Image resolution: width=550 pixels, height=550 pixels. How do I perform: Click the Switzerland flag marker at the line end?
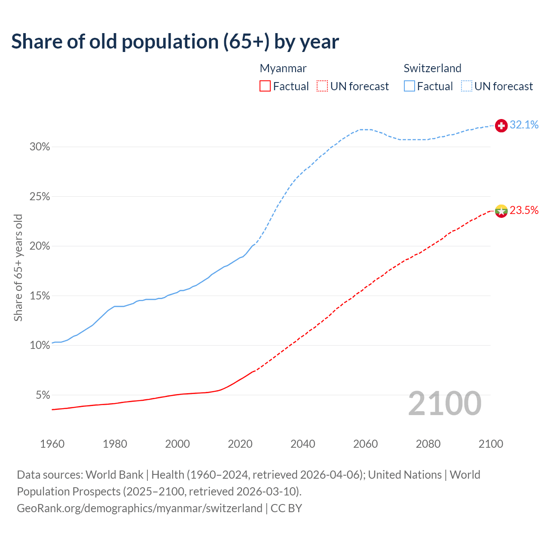click(x=501, y=125)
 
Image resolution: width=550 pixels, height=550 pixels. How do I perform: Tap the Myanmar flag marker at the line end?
click(x=501, y=211)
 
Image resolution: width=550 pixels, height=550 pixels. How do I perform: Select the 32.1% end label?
click(x=524, y=125)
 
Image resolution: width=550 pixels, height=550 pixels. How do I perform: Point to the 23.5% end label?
click(x=524, y=210)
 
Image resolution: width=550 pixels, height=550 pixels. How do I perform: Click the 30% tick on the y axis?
click(x=40, y=147)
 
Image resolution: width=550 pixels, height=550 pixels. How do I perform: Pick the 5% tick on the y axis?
click(x=43, y=395)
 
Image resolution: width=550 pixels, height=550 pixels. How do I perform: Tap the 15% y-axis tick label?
click(x=40, y=296)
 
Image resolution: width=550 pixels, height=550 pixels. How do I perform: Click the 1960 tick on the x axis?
click(x=52, y=444)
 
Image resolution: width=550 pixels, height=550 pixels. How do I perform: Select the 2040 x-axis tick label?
click(x=302, y=444)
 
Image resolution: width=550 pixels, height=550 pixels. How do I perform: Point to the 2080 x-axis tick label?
click(x=428, y=444)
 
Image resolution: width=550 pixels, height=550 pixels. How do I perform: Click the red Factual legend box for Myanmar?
click(x=265, y=86)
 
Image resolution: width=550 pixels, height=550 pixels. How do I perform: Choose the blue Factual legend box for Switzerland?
click(x=409, y=86)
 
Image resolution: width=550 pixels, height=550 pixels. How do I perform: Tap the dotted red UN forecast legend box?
click(x=322, y=86)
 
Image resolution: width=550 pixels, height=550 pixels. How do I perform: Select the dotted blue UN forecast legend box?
click(x=467, y=86)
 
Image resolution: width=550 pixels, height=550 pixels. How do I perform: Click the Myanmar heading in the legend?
click(x=283, y=68)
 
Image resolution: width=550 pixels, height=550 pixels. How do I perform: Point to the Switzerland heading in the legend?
click(x=432, y=68)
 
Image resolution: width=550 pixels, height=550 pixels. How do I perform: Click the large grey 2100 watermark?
click(x=444, y=403)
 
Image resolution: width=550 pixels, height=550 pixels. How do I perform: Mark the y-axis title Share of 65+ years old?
click(x=18, y=268)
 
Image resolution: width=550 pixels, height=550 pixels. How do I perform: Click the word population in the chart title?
click(x=170, y=42)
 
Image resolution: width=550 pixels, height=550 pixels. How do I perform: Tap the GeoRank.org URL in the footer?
click(x=140, y=508)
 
